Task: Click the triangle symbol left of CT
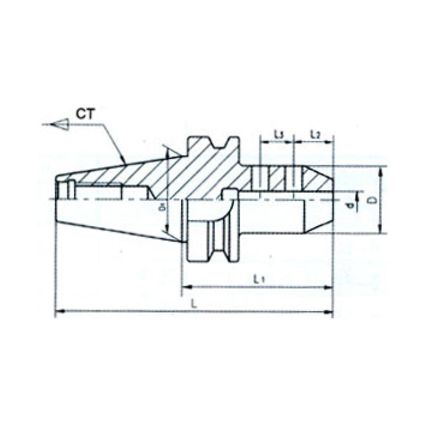60,124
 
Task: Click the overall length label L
194,304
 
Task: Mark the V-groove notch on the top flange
215,146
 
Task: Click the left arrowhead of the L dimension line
58,312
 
